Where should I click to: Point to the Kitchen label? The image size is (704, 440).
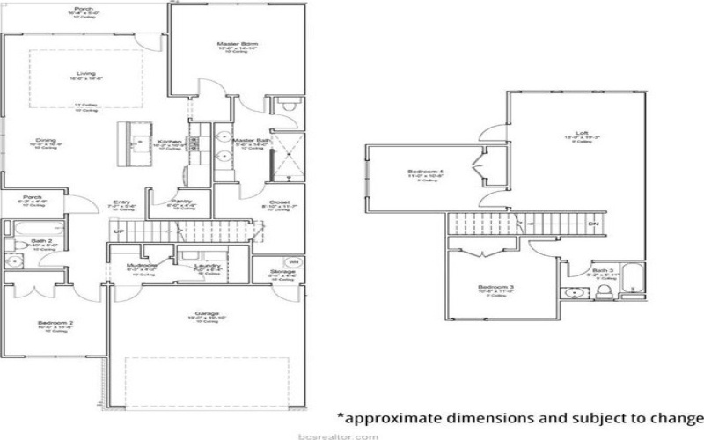(169, 141)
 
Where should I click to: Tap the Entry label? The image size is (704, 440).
(121, 202)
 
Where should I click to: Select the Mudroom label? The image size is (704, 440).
(141, 265)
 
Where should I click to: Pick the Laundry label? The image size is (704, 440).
(209, 265)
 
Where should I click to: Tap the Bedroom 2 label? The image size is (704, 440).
(55, 323)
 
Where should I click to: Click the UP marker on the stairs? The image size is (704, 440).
(117, 231)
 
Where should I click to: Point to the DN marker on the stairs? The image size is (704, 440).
(593, 224)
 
